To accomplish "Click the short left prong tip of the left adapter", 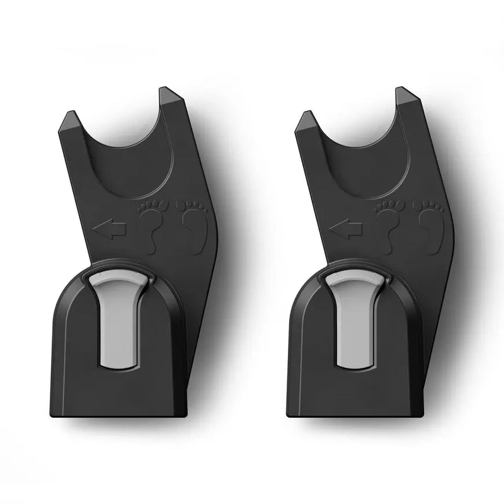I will pyautogui.click(x=71, y=117).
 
